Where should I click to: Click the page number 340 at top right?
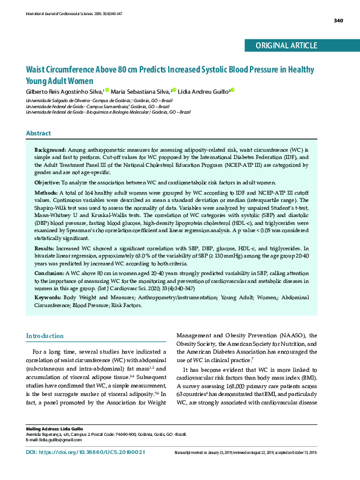(338, 21)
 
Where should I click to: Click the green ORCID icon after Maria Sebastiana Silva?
(174, 90)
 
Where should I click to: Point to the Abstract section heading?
(38, 133)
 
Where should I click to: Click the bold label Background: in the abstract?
(50, 149)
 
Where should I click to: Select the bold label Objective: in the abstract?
(47, 182)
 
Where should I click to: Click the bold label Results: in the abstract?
(45, 248)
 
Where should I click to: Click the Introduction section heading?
(44, 336)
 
